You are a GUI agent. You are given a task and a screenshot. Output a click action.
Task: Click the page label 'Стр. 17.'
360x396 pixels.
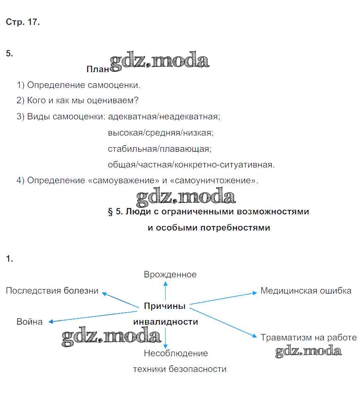(x=23, y=22)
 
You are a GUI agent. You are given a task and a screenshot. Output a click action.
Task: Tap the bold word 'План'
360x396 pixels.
(x=97, y=69)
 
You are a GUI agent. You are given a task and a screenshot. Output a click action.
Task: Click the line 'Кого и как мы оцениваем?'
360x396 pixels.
(x=82, y=101)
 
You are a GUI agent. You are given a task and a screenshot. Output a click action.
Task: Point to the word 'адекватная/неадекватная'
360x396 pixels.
(x=164, y=117)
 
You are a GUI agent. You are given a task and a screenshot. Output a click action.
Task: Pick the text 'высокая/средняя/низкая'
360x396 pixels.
(x=160, y=133)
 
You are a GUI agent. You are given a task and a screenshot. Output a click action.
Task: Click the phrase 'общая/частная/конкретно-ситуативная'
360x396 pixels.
(x=191, y=165)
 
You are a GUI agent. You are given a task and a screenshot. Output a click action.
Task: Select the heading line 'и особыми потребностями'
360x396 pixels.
(x=209, y=228)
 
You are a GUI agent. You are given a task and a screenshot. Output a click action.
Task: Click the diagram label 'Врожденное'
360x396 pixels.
(x=170, y=275)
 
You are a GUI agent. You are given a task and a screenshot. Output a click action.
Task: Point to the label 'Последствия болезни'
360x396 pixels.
(x=52, y=291)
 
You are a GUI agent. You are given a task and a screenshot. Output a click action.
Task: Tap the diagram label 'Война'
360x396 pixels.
(x=29, y=322)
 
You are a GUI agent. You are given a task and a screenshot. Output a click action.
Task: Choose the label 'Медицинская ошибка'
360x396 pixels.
(x=306, y=291)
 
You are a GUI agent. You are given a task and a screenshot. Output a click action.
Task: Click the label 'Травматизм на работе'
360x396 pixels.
(x=309, y=338)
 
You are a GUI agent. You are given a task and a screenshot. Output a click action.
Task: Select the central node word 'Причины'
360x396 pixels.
(x=164, y=306)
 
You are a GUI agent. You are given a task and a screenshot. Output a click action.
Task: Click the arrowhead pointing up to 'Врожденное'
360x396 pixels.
(x=165, y=283)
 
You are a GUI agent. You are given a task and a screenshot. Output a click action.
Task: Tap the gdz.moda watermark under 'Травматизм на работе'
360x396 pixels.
(x=309, y=352)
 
